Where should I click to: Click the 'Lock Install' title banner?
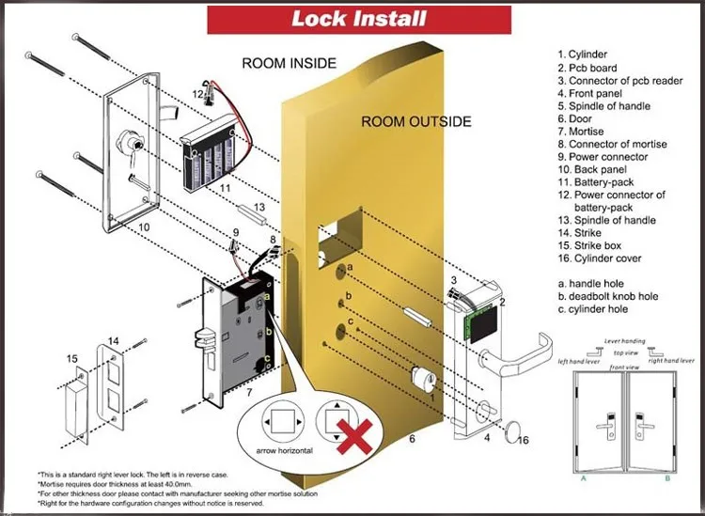(359, 19)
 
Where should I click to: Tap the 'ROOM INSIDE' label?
(288, 64)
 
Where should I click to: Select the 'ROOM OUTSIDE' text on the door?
(416, 122)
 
